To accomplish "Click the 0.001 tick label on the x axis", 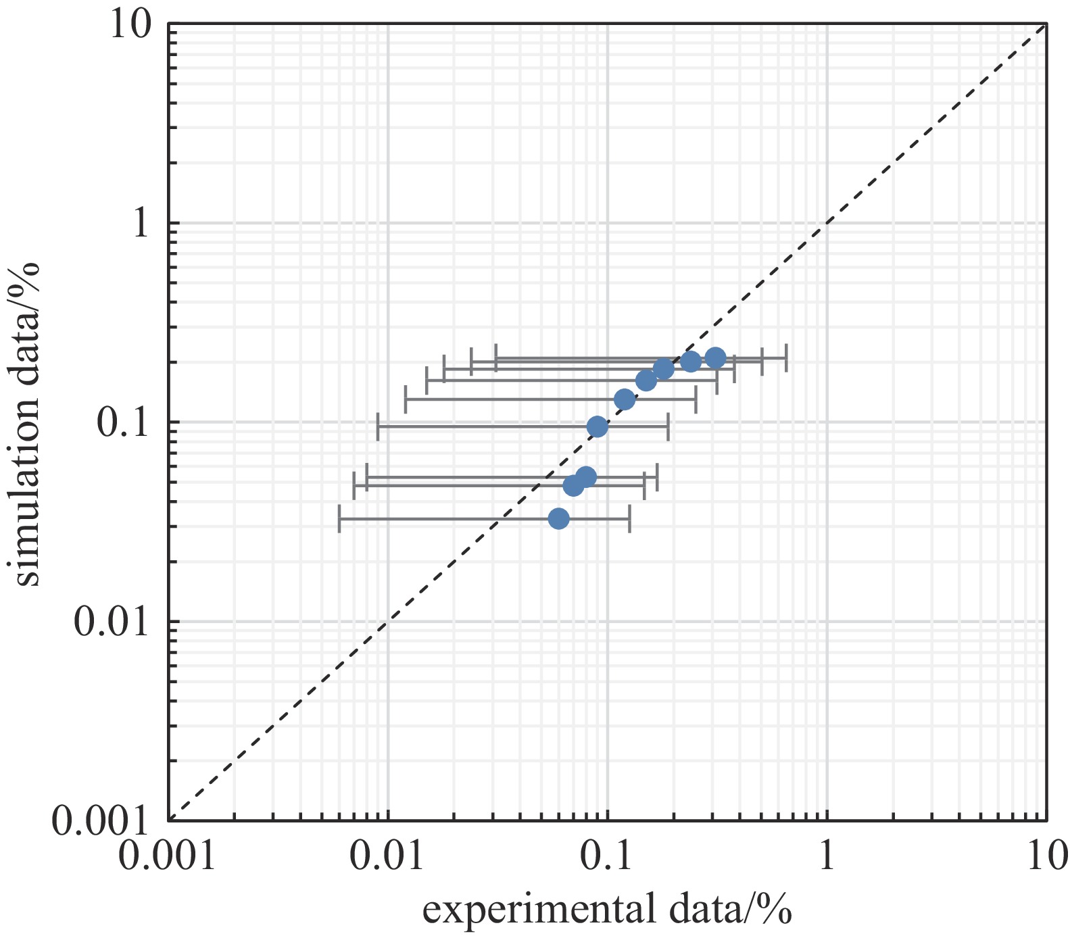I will tap(167, 857).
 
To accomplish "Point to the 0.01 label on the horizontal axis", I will tap(388, 857).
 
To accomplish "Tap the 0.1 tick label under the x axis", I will tap(607, 857).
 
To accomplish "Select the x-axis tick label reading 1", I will tap(827, 857).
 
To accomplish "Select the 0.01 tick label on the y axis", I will tap(110, 622).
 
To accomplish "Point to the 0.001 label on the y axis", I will tap(100, 820).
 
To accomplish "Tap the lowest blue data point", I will tap(558, 518).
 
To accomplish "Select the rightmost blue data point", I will tap(715, 358).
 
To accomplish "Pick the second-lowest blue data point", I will tap(573, 485).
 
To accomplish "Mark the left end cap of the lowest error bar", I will tap(339, 518).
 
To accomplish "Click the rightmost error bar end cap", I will tap(786, 358).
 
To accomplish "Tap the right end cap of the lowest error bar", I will tap(629, 518).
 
